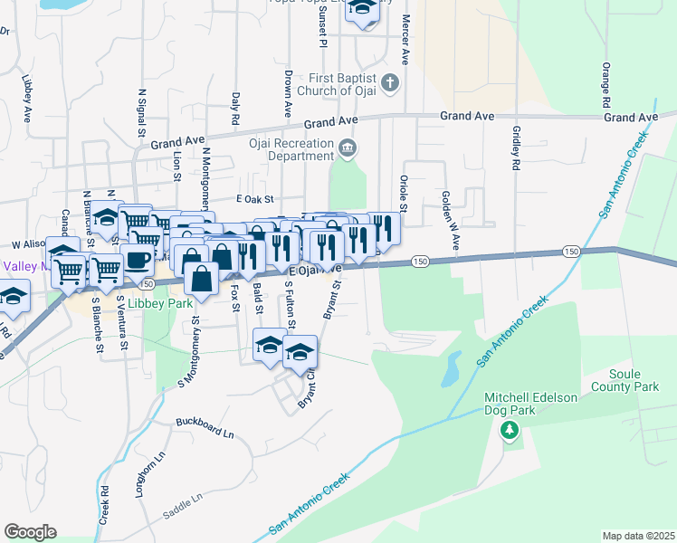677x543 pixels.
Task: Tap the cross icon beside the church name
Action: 390,84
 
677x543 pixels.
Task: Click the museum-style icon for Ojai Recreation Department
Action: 346,148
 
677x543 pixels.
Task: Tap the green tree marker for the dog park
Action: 509,429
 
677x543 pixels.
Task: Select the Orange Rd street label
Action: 605,86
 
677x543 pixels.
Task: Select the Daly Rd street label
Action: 235,108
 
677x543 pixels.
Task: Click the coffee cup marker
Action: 137,260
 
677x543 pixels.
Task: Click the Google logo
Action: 30,531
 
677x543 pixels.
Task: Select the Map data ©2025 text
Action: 638,536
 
